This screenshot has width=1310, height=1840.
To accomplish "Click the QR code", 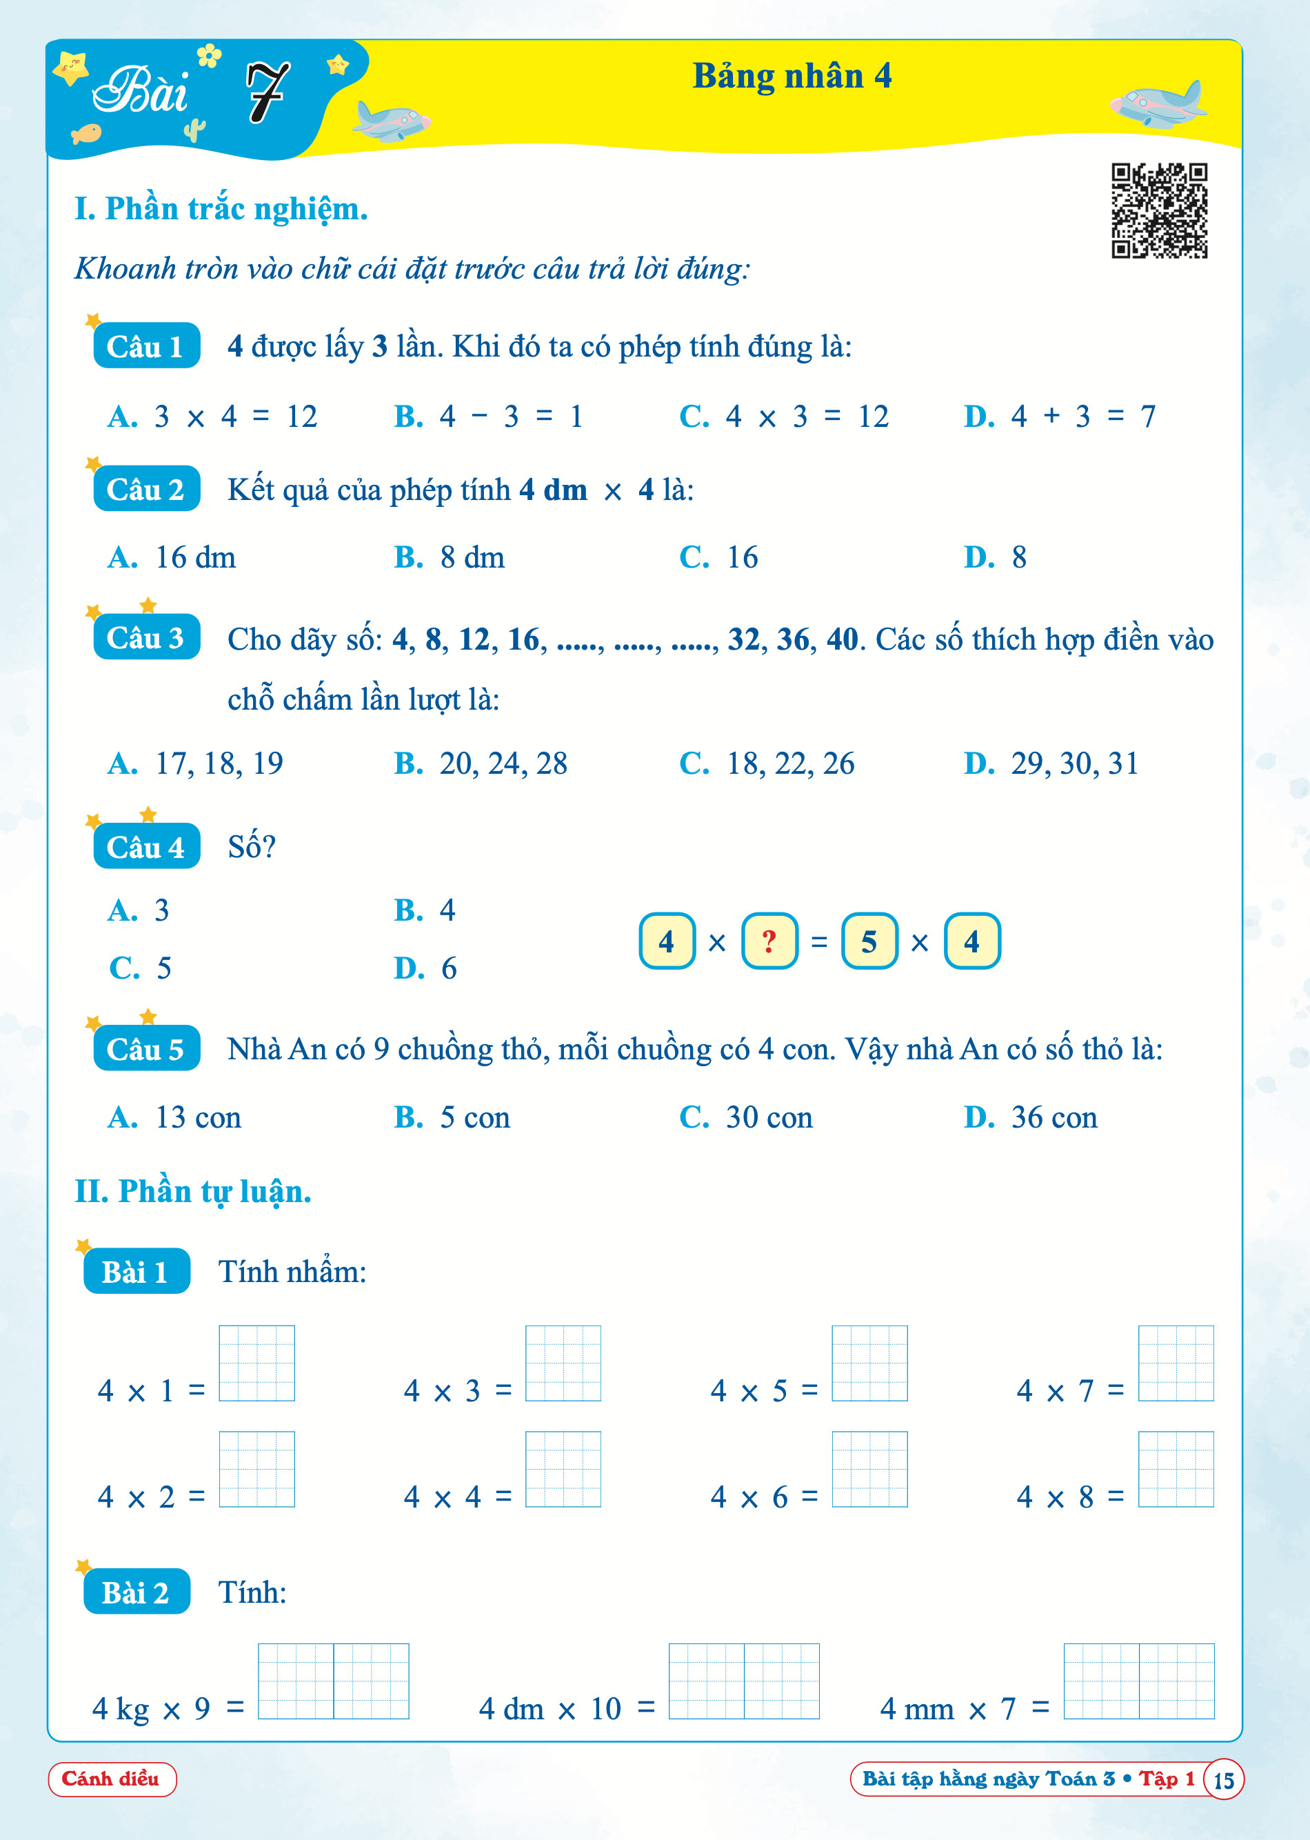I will click(x=1159, y=210).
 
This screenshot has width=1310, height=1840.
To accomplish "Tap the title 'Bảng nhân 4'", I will click(x=792, y=77).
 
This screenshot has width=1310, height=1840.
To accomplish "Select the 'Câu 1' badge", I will click(x=146, y=346).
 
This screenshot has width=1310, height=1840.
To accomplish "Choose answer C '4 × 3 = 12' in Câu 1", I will click(x=784, y=417).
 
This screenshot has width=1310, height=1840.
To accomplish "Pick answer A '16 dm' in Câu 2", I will click(x=172, y=557).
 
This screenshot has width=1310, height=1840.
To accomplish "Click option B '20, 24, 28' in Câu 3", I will click(x=481, y=763).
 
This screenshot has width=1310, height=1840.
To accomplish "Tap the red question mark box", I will click(x=769, y=941).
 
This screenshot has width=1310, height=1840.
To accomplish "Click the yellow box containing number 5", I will click(x=869, y=941).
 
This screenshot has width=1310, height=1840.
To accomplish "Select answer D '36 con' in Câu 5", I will click(x=1031, y=1117).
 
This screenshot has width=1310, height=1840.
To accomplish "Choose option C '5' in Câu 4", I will click(x=141, y=968).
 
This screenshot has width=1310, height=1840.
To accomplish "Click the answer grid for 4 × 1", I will click(x=256, y=1363).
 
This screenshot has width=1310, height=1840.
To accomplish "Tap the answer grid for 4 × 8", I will click(x=1176, y=1469).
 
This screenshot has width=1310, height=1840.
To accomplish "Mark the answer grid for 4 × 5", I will click(x=869, y=1363).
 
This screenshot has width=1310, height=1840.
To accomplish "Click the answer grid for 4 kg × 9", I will click(x=333, y=1681).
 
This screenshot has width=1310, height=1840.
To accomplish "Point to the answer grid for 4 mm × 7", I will click(x=1138, y=1681).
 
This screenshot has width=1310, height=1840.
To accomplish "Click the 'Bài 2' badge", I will click(x=137, y=1592).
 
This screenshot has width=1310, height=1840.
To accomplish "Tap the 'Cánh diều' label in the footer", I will click(x=111, y=1779).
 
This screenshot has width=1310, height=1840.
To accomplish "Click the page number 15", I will click(x=1223, y=1779).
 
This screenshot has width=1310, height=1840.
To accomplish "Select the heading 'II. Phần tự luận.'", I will click(x=193, y=1192).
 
